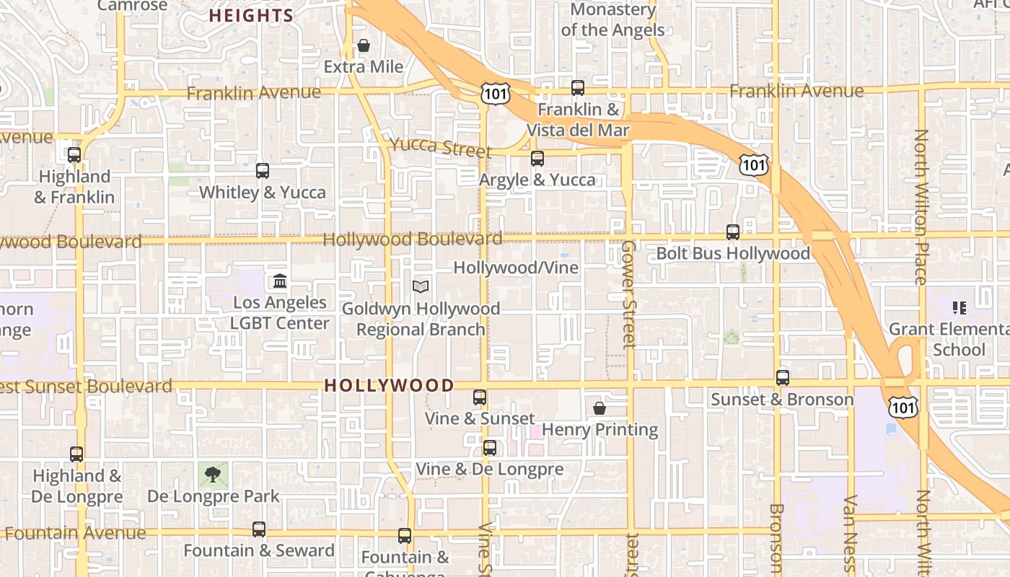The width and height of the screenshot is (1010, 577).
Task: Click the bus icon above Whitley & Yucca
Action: [263, 171]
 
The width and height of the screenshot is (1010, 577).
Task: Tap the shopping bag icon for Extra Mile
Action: [364, 45]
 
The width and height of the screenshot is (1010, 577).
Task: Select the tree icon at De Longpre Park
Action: [212, 475]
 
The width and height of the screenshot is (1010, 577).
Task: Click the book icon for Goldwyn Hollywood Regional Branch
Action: [421, 286]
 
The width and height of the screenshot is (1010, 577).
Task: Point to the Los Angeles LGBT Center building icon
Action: [280, 281]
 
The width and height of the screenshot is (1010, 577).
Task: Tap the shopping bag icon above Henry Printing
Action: [599, 408]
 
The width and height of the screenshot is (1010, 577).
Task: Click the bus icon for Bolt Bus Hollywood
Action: [733, 232]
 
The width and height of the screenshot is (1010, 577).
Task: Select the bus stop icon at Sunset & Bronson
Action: [783, 378]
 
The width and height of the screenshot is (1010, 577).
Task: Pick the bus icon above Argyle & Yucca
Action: [537, 159]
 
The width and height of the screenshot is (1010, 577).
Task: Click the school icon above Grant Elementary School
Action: [959, 308]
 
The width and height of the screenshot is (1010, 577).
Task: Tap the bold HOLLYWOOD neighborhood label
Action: [389, 385]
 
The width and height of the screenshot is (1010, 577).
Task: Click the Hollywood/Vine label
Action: [516, 268]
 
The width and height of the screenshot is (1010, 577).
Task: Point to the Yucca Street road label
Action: [440, 147]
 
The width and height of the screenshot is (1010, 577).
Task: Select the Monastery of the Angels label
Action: [612, 20]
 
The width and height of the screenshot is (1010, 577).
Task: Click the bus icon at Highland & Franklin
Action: [74, 155]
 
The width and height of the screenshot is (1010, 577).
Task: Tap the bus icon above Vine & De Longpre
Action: [490, 448]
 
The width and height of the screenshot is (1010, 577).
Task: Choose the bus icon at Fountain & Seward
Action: [259, 529]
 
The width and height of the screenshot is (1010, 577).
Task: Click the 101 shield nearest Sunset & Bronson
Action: [902, 406]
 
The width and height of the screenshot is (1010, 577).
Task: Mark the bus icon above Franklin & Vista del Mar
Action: [578, 88]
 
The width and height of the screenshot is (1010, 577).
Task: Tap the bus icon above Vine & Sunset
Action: [480, 397]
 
